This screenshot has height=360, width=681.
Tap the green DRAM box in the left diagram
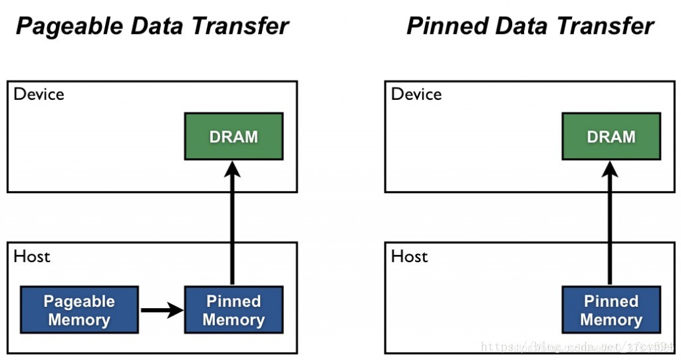[x=233, y=136]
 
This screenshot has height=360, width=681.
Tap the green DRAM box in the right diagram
[x=611, y=136]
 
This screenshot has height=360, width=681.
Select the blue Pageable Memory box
[x=79, y=310]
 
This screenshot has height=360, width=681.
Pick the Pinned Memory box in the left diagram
[x=233, y=310]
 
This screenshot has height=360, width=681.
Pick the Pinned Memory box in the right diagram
[x=611, y=310]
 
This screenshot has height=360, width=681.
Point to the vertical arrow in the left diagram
[x=232, y=226]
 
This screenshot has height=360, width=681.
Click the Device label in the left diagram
[x=39, y=94]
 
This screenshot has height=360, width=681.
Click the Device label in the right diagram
[x=416, y=94]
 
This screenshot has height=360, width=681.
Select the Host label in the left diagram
[x=31, y=256]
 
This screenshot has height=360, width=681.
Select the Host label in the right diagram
[x=409, y=256]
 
